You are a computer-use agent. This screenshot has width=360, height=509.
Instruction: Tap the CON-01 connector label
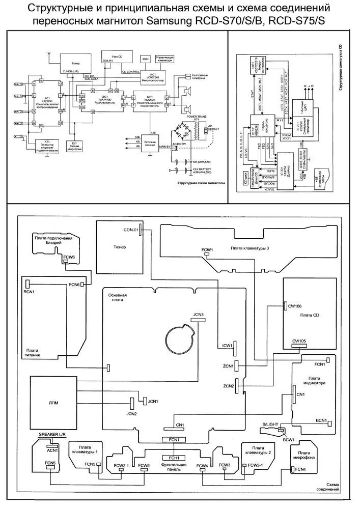131,230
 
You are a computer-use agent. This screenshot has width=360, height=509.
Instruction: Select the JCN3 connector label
198,315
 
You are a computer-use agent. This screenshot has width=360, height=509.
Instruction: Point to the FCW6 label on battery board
69,258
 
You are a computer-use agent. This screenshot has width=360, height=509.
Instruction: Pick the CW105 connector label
299,341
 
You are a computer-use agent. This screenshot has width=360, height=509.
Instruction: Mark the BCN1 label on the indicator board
321,420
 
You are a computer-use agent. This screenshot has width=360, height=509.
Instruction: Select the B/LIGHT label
271,424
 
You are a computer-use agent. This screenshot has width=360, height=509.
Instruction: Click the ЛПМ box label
52,403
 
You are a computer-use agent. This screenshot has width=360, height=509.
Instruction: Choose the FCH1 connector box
174,457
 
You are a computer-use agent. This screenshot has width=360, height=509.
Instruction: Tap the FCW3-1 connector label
256,465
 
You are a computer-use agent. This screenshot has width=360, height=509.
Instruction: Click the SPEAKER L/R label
52,434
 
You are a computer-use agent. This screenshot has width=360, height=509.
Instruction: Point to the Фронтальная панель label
174,465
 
